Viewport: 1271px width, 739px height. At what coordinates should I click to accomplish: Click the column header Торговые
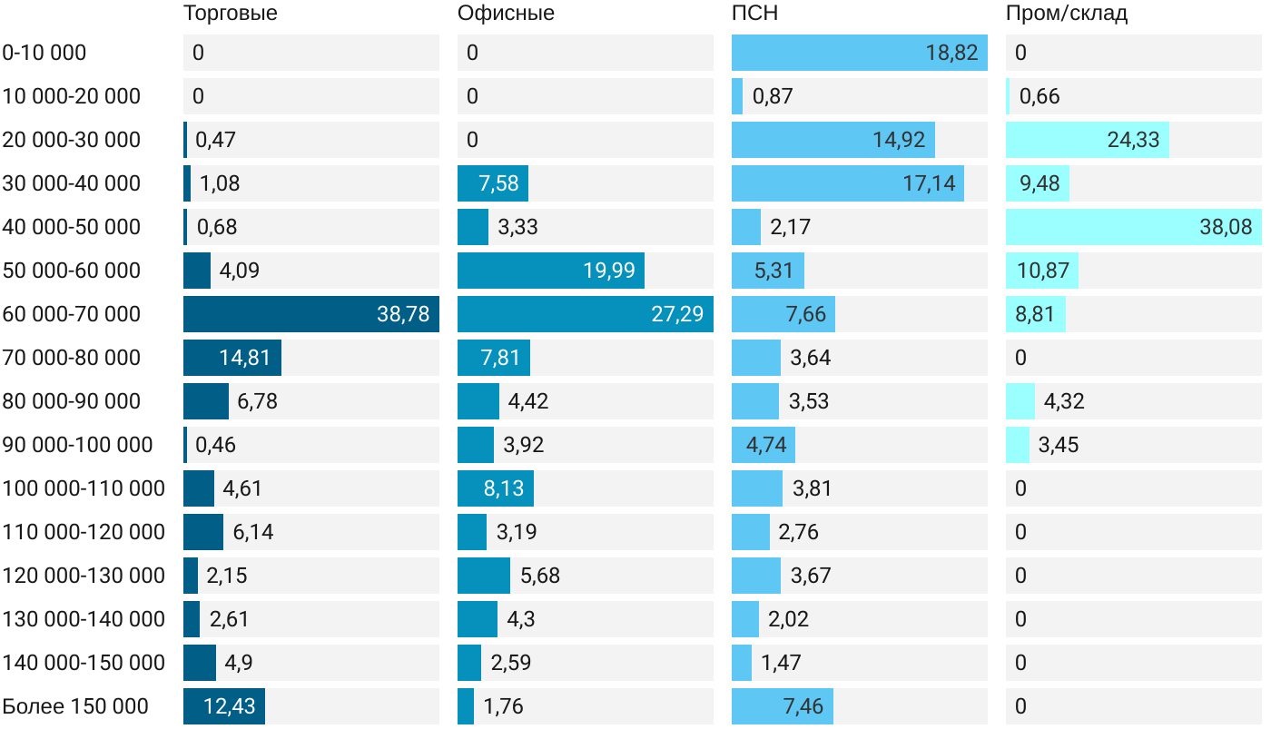click(230, 14)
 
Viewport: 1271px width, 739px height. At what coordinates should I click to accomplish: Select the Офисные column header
click(506, 14)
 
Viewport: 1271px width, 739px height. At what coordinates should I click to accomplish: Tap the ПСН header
click(754, 14)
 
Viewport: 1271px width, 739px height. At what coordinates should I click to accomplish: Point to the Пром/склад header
click(1067, 14)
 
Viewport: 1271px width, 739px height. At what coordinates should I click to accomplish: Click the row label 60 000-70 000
click(72, 314)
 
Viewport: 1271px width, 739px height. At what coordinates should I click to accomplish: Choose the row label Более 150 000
click(75, 706)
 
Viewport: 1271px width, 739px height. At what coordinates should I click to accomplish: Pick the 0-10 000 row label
click(44, 53)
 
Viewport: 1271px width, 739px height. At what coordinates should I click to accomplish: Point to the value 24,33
click(1133, 140)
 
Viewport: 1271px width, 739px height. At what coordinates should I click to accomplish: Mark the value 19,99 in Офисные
click(608, 271)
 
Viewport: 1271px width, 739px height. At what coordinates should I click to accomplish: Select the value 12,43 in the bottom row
click(229, 706)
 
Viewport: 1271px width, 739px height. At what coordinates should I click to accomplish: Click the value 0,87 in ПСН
click(773, 96)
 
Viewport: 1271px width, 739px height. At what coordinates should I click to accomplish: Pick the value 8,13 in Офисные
click(503, 488)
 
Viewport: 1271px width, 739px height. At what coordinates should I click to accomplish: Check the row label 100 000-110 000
click(84, 488)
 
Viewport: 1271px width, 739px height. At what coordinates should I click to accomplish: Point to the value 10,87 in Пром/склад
click(1044, 271)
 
